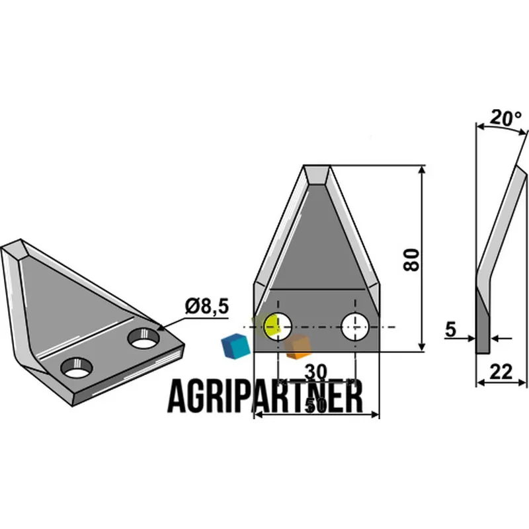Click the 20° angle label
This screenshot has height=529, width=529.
pyautogui.click(x=505, y=118)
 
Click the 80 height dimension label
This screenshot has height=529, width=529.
pyautogui.click(x=411, y=260)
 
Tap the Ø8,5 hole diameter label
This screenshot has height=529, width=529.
pyautogui.click(x=207, y=307)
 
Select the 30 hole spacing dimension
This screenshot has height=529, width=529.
pyautogui.click(x=316, y=372)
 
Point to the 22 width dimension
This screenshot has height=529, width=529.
pyautogui.click(x=501, y=372)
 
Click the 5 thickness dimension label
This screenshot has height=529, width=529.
pyautogui.click(x=450, y=329)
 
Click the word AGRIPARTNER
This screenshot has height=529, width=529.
pyautogui.click(x=265, y=396)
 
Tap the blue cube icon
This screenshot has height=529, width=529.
pyautogui.click(x=235, y=345)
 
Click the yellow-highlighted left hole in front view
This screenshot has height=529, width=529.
pyautogui.click(x=278, y=327)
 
